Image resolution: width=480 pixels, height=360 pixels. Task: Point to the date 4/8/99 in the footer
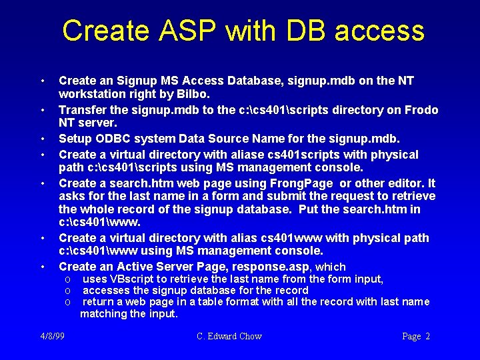(x=53, y=336)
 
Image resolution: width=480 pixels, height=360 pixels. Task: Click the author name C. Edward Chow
(x=229, y=336)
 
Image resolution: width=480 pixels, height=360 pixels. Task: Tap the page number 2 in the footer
(x=427, y=336)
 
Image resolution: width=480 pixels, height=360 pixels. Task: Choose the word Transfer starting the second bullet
(x=82, y=110)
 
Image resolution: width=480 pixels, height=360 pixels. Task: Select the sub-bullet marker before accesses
(x=68, y=291)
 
